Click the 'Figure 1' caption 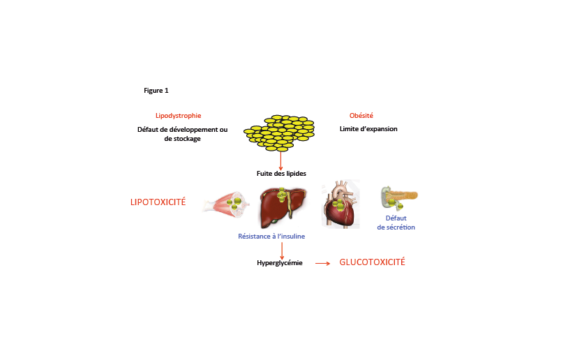(x=156, y=91)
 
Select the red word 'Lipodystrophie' (x=178, y=116)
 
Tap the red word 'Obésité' (x=361, y=115)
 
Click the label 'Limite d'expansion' (x=368, y=129)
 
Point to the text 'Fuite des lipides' (x=281, y=174)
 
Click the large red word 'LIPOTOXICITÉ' (x=158, y=202)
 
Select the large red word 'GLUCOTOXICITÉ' (x=372, y=262)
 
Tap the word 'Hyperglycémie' (x=279, y=263)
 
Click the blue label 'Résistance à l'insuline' (x=271, y=237)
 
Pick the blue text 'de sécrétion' (x=396, y=227)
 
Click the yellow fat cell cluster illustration (x=279, y=133)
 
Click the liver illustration (x=283, y=207)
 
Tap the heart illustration (x=341, y=204)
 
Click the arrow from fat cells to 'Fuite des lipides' (x=280, y=161)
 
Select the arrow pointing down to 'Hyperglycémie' (x=282, y=251)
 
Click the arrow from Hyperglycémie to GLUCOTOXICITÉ (x=322, y=264)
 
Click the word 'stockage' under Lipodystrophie (x=187, y=139)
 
